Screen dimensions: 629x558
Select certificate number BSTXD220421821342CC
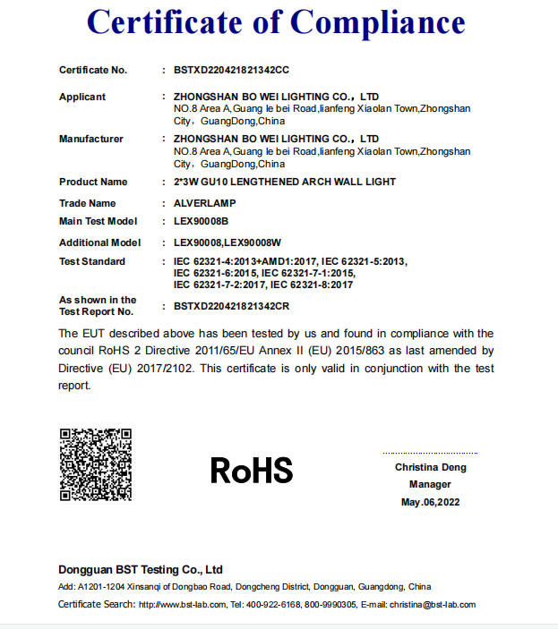coord(231,70)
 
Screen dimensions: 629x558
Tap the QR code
coord(96,464)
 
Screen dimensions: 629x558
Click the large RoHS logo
coord(252,470)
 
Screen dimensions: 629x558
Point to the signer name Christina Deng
coord(431,467)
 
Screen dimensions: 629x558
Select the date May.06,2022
coord(430,502)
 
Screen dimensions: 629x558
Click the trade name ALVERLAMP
coord(205,203)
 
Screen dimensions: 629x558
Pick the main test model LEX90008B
coord(201,220)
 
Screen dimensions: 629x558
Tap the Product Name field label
coord(93,182)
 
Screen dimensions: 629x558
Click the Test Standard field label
coord(92,261)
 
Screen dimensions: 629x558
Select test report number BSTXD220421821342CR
coord(231,306)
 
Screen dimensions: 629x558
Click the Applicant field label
coord(82,97)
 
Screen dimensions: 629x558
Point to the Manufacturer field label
coord(91,139)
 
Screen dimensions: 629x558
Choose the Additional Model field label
coord(99,242)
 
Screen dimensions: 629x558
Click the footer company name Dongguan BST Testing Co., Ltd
coord(141,569)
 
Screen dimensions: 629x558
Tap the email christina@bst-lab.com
coord(433,605)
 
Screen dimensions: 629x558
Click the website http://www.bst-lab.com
coord(181,605)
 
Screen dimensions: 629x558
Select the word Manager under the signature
coord(430,484)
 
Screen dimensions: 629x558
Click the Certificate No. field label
coord(93,70)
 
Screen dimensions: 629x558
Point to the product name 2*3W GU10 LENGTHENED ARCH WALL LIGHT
coord(285,182)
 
